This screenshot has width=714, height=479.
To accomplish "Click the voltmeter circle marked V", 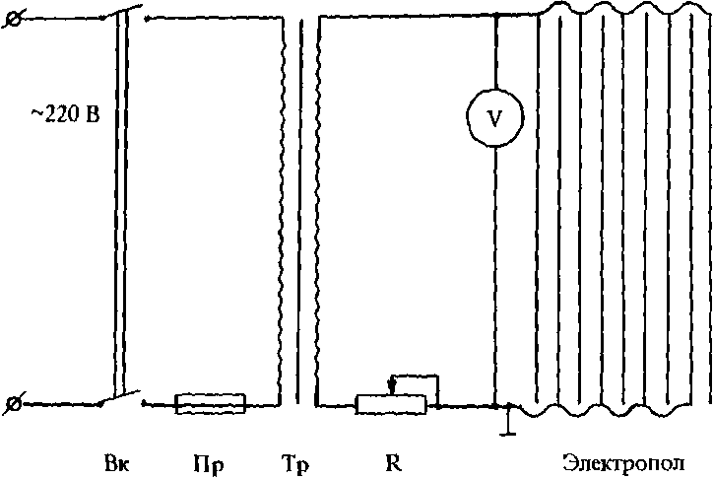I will pos(494,117).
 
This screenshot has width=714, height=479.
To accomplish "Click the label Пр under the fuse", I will pos(208,463).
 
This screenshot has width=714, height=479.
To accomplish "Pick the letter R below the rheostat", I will pos(394,462).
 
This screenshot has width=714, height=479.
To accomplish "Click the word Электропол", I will pos(621,462).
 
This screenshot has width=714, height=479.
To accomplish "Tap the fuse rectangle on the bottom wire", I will pos(210,403).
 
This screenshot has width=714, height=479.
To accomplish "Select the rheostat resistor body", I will pos(391,403).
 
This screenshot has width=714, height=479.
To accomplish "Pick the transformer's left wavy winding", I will pos(285,207).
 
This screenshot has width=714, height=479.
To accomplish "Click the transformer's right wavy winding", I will pos(317,207).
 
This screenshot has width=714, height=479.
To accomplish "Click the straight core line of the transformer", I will pos(300,207).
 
